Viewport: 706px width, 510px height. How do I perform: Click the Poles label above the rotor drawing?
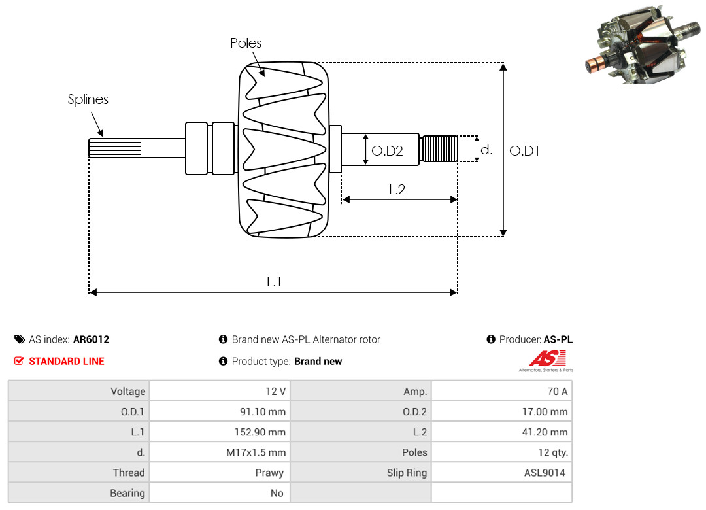[x=245, y=43]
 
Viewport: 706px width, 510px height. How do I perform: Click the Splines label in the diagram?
[x=88, y=99]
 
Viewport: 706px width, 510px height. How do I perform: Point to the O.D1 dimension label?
[x=524, y=151]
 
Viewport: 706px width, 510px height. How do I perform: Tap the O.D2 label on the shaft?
[x=387, y=151]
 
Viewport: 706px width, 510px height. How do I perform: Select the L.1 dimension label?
[x=274, y=282]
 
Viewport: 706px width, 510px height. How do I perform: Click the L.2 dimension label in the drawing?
[x=397, y=190]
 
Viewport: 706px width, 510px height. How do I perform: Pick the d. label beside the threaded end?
[x=486, y=150]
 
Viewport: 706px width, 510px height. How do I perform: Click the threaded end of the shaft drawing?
[x=439, y=148]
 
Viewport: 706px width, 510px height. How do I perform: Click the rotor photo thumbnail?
[x=643, y=45]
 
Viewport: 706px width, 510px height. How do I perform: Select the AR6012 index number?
[x=92, y=340]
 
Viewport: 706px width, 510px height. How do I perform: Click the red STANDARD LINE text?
[x=67, y=362]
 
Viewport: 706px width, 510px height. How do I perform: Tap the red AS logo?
[x=546, y=359]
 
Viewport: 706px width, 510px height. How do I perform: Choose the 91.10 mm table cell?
[x=220, y=411]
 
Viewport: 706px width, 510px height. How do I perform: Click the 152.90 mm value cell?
[x=220, y=432]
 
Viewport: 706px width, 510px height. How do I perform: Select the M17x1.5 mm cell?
[x=220, y=452]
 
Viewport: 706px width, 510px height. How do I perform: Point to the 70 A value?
[x=558, y=392]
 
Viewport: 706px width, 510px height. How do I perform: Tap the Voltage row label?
[x=128, y=392]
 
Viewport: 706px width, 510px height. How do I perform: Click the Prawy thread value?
[x=269, y=473]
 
